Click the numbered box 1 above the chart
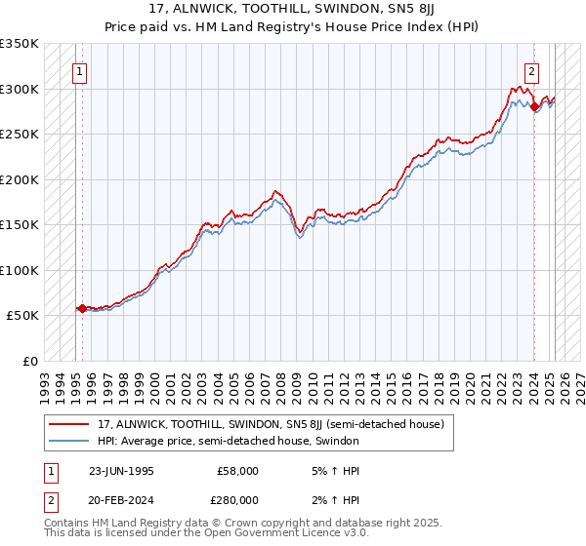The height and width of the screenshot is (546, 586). point(78,70)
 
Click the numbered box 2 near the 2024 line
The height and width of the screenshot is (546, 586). point(532,70)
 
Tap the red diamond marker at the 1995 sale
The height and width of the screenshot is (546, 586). point(82,308)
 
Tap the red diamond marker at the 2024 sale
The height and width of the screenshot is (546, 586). point(535,107)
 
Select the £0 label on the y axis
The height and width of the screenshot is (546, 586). point(29,361)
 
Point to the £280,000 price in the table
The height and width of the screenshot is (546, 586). point(237,499)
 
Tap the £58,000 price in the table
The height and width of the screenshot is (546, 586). point(237,470)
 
